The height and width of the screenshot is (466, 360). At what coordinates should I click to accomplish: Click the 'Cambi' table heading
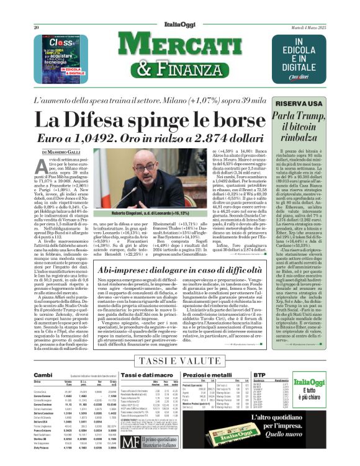[x=43, y=375]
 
